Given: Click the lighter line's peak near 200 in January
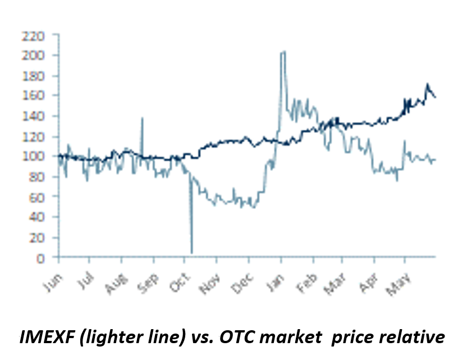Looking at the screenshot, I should [x=283, y=52].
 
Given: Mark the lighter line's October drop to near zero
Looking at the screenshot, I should [x=192, y=252].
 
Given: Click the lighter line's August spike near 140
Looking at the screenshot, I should [x=142, y=119].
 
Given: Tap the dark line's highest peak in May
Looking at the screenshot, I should [x=427, y=85].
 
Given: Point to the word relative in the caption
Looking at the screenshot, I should [x=414, y=337].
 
